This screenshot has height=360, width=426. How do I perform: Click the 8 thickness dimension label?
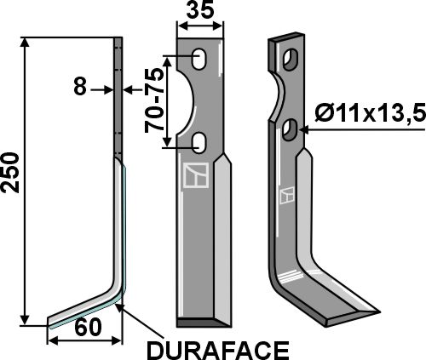[x=80, y=87]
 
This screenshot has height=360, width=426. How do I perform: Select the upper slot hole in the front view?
[x=199, y=60]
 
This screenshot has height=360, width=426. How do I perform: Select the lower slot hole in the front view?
[x=199, y=140]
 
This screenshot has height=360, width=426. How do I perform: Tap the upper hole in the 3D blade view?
[x=291, y=61]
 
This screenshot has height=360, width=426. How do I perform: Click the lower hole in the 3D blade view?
[x=291, y=129]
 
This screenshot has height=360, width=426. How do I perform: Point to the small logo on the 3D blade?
[x=290, y=195]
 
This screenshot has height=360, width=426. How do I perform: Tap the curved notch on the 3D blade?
[x=283, y=95]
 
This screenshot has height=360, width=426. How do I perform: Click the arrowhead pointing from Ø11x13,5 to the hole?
[x=300, y=128]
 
